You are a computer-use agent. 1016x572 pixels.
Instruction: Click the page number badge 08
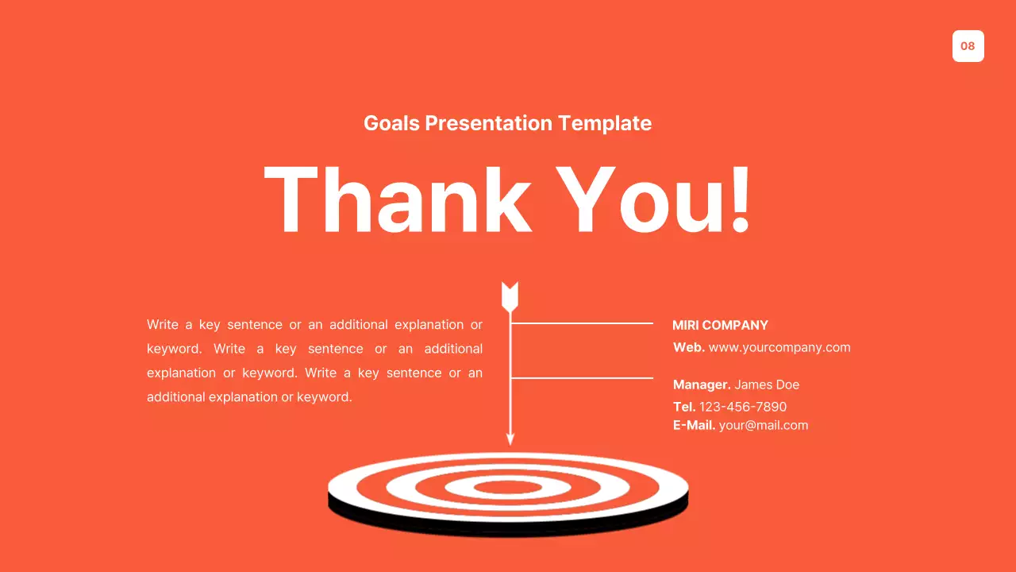point(968,46)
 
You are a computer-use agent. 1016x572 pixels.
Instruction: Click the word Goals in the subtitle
point(391,123)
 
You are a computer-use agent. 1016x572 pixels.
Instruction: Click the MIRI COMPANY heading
point(720,325)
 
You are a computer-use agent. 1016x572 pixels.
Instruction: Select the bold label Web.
point(688,347)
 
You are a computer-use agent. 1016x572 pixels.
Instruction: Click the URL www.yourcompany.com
point(779,347)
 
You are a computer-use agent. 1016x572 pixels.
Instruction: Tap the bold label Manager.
point(702,385)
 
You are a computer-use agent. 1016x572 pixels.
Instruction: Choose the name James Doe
point(767,385)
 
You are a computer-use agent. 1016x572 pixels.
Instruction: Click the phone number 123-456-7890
point(743,407)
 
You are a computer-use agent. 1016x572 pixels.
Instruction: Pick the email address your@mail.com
point(763,425)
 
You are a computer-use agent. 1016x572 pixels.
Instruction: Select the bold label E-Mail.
point(694,425)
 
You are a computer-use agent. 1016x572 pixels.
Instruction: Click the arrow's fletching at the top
point(510,296)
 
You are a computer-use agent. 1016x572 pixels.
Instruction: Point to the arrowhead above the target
point(510,438)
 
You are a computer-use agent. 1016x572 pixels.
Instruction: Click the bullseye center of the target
point(508,486)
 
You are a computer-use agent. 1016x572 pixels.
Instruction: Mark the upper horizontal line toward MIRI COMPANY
point(582,323)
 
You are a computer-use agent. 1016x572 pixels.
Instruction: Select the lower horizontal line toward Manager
point(582,377)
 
